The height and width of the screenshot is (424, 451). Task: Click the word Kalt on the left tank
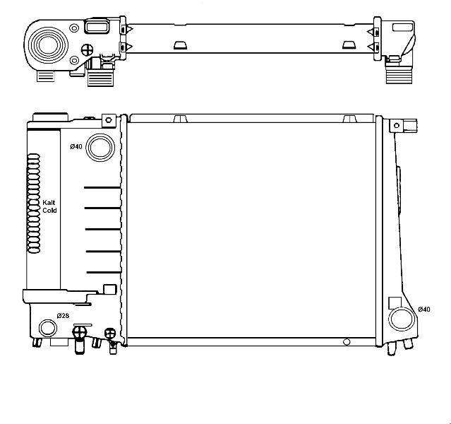[x=49, y=203]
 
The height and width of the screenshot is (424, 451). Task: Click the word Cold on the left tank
[x=49, y=211]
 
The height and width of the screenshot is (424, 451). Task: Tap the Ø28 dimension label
[x=63, y=316]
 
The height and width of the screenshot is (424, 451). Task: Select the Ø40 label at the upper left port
[x=76, y=146]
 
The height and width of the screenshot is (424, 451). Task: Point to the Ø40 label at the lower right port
[x=424, y=310]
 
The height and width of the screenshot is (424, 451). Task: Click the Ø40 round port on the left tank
[x=100, y=148]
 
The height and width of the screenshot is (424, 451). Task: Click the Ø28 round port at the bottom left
[x=48, y=328]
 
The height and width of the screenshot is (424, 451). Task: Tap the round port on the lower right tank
[x=402, y=319]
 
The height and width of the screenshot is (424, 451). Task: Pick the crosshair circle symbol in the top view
[x=87, y=50]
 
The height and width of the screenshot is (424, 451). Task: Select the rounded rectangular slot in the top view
[x=97, y=27]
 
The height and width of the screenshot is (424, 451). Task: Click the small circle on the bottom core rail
[x=347, y=342]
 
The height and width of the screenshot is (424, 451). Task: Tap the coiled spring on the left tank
[x=33, y=204]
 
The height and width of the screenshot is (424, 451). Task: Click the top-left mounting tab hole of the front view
[x=109, y=120]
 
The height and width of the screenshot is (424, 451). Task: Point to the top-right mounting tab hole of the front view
[x=397, y=125]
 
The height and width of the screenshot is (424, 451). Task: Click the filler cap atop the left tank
[x=50, y=117]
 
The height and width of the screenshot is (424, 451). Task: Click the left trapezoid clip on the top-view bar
[x=181, y=45]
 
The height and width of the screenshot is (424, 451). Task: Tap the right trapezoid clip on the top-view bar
[x=349, y=45]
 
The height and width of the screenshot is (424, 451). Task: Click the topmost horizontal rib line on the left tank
[x=102, y=188]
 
